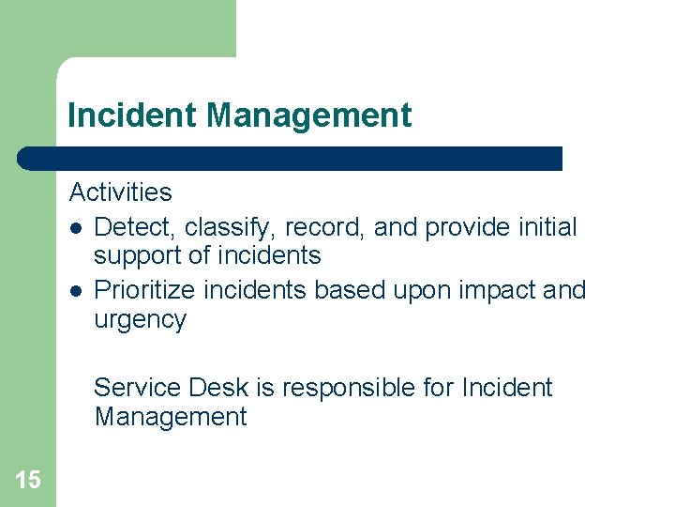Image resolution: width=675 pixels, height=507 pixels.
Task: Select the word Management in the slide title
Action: [308, 115]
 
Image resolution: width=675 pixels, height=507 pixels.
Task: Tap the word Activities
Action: [120, 192]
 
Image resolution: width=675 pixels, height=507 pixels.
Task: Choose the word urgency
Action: [140, 319]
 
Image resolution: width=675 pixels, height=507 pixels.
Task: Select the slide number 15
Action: [28, 481]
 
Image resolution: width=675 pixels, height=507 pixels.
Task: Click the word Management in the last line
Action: [170, 417]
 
